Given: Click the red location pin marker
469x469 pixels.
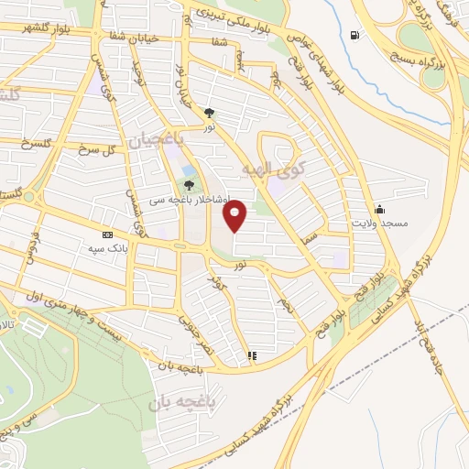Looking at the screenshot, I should (x=236, y=215).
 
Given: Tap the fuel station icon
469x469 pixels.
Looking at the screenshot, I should (x=354, y=36).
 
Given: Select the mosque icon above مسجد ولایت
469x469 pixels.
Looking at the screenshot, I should (x=379, y=209).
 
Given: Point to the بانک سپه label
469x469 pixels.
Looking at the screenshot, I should (x=106, y=248).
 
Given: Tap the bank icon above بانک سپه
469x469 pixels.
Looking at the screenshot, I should (x=107, y=234).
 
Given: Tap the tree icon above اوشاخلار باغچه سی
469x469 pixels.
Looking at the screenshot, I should (x=190, y=186).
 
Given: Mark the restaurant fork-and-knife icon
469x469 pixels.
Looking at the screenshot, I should (x=252, y=354).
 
